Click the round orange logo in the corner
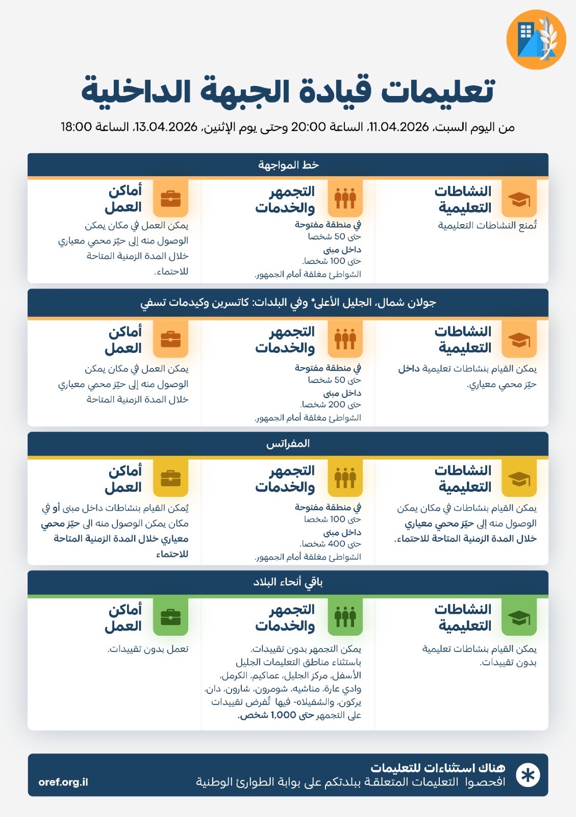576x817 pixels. (536, 39)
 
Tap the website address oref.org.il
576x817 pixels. (63, 782)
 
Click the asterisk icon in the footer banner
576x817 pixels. (528, 775)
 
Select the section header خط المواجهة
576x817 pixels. (288, 165)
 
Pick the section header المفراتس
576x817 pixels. (288, 444)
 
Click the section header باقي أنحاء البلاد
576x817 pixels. (288, 582)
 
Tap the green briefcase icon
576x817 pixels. (170, 617)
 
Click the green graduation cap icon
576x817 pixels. (519, 617)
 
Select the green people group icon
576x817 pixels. (345, 617)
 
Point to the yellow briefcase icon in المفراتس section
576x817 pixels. (170, 478)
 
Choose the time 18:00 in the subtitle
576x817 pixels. (76, 127)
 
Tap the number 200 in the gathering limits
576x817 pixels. (337, 404)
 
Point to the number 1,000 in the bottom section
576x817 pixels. (283, 715)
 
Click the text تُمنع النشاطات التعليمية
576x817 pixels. (487, 226)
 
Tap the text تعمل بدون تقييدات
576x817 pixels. (148, 649)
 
